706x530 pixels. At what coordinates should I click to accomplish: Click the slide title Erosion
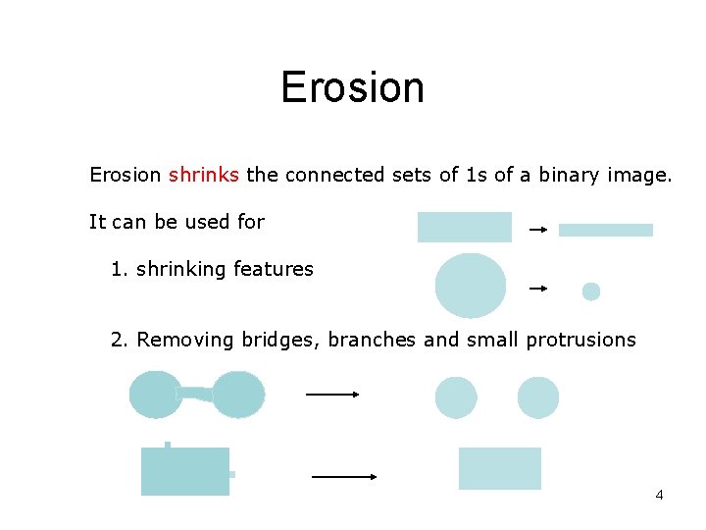pos(352,87)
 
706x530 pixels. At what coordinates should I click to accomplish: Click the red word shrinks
pos(203,175)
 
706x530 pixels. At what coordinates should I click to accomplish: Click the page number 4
pos(659,495)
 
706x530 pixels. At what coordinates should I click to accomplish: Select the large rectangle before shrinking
pos(464,227)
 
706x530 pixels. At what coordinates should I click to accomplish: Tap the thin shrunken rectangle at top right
pos(605,230)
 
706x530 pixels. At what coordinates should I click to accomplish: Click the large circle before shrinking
pos(471,286)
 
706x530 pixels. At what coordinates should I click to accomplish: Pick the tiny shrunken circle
pos(591,291)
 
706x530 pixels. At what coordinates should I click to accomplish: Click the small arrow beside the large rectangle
pos(537,230)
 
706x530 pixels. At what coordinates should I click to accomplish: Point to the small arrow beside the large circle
pos(537,289)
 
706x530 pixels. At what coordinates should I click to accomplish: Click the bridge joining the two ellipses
pos(196,394)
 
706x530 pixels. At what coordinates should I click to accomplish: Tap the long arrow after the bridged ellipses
pos(332,395)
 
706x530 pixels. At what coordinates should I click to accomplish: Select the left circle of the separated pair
pos(456,397)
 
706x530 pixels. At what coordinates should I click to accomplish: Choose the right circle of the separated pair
pos(538,397)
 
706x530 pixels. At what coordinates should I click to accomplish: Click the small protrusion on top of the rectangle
pos(168,445)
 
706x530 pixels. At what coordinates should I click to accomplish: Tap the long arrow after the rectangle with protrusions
pos(344,476)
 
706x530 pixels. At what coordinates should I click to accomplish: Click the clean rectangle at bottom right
pos(500,468)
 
